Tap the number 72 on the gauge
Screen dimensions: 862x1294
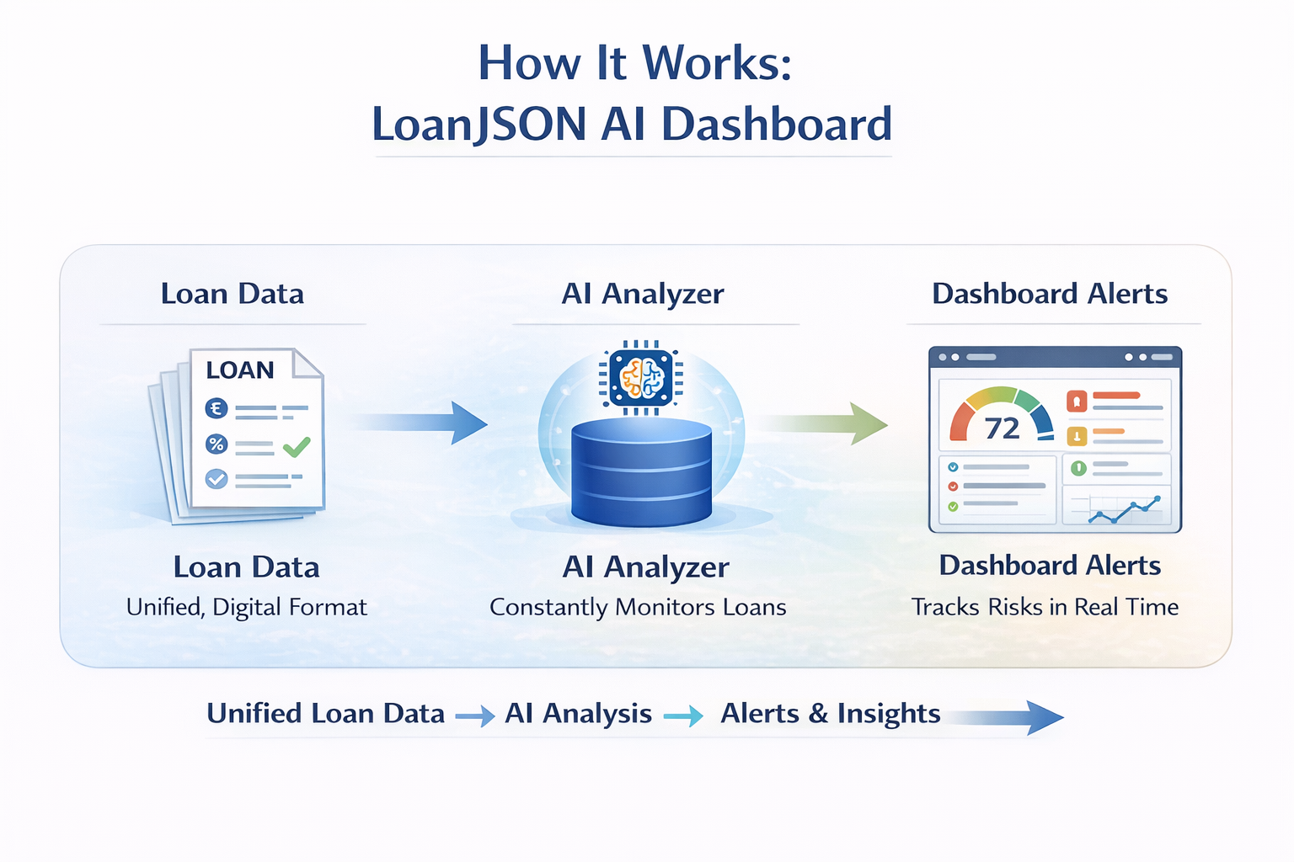click(1002, 428)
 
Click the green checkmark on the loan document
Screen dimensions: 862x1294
click(297, 446)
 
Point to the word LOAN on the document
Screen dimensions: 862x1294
click(240, 370)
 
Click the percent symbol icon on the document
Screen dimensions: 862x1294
click(217, 444)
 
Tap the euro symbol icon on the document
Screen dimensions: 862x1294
click(217, 408)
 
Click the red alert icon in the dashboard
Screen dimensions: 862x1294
click(1077, 401)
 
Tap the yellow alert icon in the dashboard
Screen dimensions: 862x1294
click(1077, 436)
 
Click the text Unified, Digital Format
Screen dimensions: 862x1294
click(247, 608)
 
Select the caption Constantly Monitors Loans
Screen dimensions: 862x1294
click(638, 608)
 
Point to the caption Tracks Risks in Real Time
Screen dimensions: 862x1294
click(1045, 608)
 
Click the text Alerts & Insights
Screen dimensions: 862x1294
click(830, 714)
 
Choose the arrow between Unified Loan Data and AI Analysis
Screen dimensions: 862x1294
click(474, 716)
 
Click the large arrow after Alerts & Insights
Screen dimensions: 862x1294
click(1011, 717)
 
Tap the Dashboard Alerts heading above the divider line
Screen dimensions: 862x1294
click(1050, 294)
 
